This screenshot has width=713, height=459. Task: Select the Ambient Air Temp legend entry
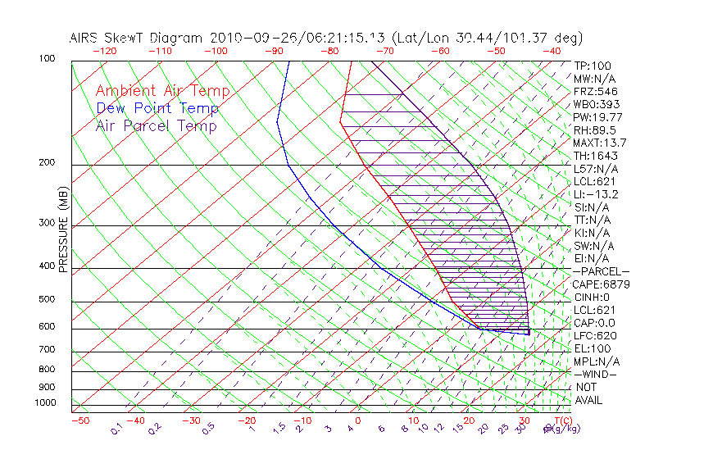(x=162, y=91)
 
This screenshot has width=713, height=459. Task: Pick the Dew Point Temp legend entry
(x=157, y=108)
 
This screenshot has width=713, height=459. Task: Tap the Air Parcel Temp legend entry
(x=156, y=125)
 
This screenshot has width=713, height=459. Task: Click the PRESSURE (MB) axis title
(x=63, y=229)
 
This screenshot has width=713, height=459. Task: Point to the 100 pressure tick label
(x=47, y=59)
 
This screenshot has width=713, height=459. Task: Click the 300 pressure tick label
(x=47, y=223)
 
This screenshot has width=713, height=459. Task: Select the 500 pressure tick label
(x=47, y=300)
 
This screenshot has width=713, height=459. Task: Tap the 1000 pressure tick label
(x=44, y=403)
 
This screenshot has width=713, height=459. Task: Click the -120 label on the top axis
(x=104, y=51)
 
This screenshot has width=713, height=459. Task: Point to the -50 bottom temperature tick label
(x=79, y=421)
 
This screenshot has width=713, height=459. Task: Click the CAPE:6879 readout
(x=600, y=284)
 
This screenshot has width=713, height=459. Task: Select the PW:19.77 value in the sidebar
(x=597, y=117)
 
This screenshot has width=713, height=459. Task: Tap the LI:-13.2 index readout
(x=596, y=194)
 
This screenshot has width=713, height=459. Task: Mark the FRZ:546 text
(x=594, y=92)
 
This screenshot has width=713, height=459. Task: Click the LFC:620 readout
(x=594, y=336)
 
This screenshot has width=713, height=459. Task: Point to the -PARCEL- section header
(x=601, y=271)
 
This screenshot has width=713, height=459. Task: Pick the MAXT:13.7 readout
(x=600, y=143)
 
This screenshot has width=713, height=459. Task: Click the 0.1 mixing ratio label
(x=116, y=429)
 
